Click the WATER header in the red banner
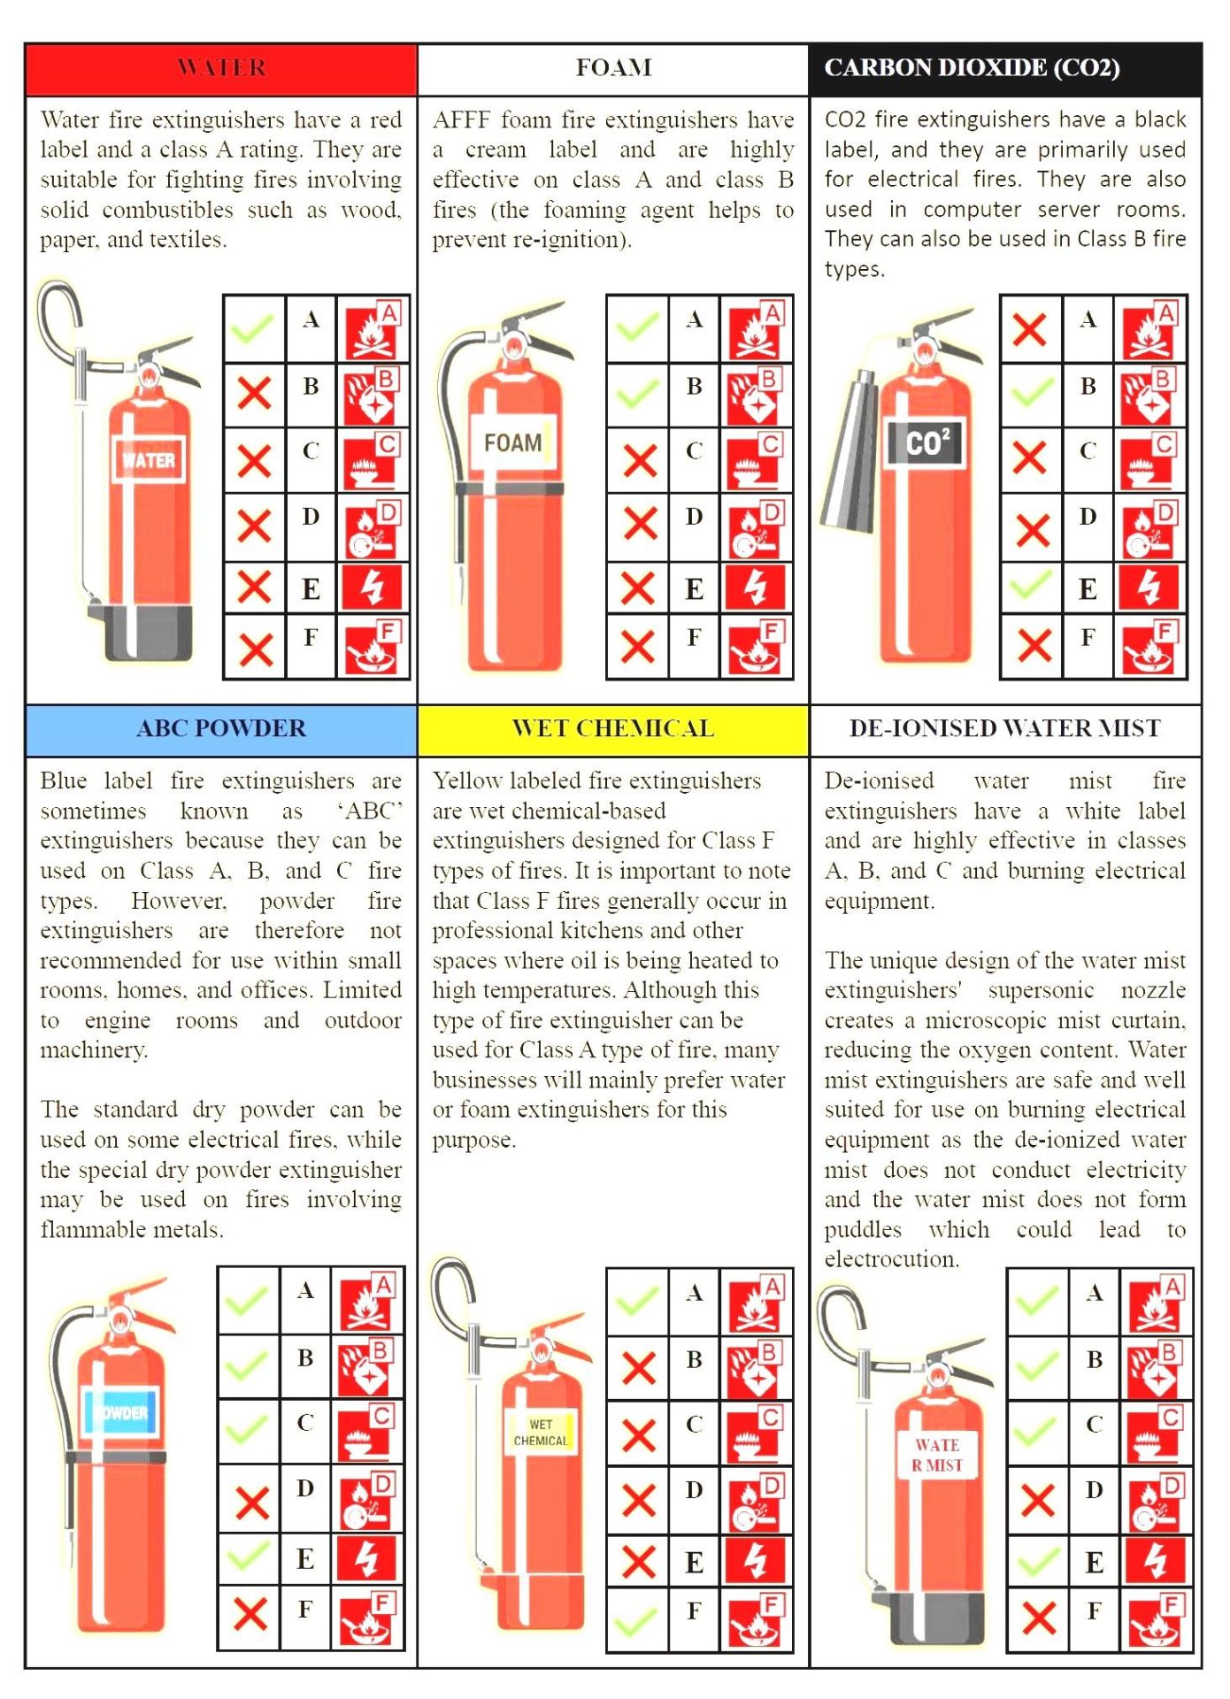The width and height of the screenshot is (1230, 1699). pos(221,68)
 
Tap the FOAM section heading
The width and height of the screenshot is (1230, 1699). pos(613,68)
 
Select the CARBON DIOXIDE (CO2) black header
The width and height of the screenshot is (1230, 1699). pos(972,68)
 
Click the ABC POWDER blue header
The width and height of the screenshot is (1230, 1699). pos(221,728)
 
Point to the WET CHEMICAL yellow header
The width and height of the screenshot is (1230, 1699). pos(613,728)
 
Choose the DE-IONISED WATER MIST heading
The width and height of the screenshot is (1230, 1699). pos(1004,728)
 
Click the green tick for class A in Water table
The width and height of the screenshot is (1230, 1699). pos(253,329)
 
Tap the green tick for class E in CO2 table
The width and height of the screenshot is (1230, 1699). pos(1031,586)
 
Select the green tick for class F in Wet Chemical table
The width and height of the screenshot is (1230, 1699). pos(636,1619)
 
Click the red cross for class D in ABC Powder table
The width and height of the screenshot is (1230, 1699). pos(251,1502)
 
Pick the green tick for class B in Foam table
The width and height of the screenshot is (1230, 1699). pos(637,393)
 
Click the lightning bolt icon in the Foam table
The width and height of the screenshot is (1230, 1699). pos(755,587)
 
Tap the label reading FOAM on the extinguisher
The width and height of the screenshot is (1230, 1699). pos(512,442)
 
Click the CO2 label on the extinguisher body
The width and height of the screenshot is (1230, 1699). pos(926,442)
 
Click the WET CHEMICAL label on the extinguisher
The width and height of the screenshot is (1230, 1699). pos(541,1433)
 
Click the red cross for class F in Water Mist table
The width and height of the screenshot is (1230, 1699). pos(1038,1618)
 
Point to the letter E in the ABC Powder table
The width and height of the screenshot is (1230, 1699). pos(304,1559)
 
